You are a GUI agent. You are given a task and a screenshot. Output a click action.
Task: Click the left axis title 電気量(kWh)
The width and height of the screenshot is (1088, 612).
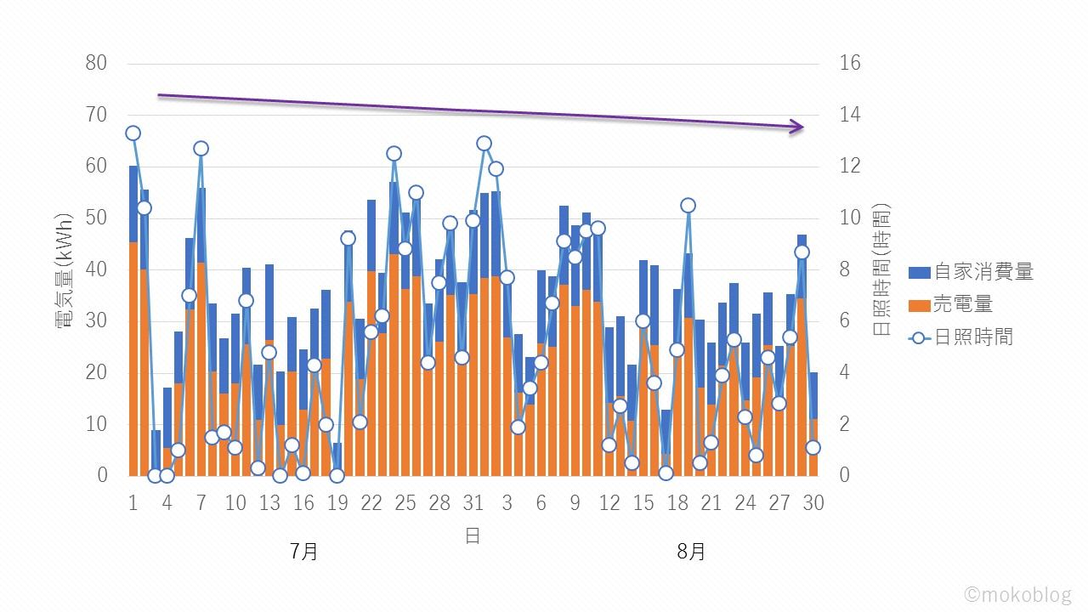65,270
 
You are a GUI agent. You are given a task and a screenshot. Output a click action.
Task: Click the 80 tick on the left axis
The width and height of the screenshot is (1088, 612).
96,63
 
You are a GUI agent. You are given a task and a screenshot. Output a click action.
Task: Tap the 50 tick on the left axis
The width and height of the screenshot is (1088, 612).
96,218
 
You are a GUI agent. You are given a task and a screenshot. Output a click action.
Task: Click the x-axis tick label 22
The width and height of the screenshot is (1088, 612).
371,502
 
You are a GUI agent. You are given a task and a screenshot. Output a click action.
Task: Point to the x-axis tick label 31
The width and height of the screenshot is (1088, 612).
473,502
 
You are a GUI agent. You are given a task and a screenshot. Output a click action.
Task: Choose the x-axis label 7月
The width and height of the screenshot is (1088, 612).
303,552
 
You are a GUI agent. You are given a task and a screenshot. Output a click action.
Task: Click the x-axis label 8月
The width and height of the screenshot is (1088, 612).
691,552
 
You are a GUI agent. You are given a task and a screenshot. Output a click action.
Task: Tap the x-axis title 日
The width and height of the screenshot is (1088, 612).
473,535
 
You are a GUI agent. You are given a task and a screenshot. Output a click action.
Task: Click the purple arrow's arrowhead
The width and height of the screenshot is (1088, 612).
796,127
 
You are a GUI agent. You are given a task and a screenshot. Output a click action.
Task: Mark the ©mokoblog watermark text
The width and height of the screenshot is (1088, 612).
1018,594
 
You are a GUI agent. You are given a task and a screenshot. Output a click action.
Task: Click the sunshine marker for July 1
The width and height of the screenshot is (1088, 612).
133,133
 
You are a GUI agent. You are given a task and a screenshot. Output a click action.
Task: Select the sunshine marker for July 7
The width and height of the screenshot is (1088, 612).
201,149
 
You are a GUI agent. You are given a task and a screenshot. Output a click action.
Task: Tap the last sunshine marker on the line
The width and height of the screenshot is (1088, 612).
813,447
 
